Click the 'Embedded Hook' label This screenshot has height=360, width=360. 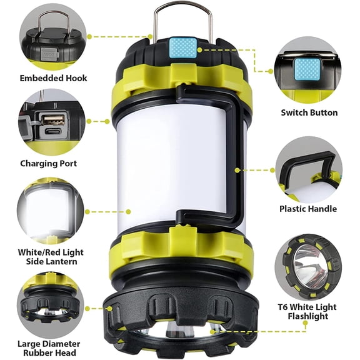click(x=53, y=78)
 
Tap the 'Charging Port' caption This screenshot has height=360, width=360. click(x=49, y=163)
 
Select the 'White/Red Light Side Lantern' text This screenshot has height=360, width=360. click(x=51, y=256)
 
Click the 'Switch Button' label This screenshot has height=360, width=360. click(x=309, y=112)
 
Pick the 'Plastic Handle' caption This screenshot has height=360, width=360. click(x=308, y=209)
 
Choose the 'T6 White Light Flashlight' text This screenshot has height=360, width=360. click(x=308, y=312)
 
